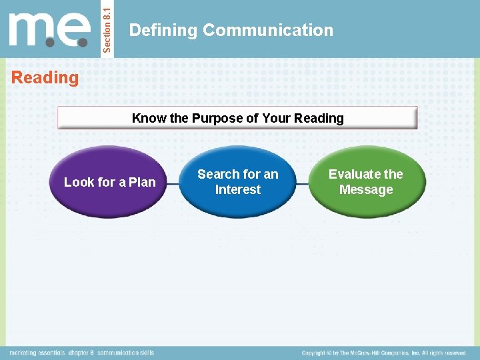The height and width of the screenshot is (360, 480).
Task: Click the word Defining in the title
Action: (x=163, y=30)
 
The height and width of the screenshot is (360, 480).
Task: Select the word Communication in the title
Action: (x=268, y=30)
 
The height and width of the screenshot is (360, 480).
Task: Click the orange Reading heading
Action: (x=45, y=77)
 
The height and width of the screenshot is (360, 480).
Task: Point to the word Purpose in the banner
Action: (x=217, y=119)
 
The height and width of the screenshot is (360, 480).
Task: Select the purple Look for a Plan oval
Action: (x=109, y=182)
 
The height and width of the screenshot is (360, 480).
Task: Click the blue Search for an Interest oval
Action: (x=237, y=182)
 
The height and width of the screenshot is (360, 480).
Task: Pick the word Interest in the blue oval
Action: (x=237, y=190)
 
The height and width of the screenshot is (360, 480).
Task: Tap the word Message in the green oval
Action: (x=366, y=190)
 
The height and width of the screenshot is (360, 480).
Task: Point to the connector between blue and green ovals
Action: (x=303, y=182)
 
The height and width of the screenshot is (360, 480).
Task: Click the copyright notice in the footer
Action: (x=383, y=353)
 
